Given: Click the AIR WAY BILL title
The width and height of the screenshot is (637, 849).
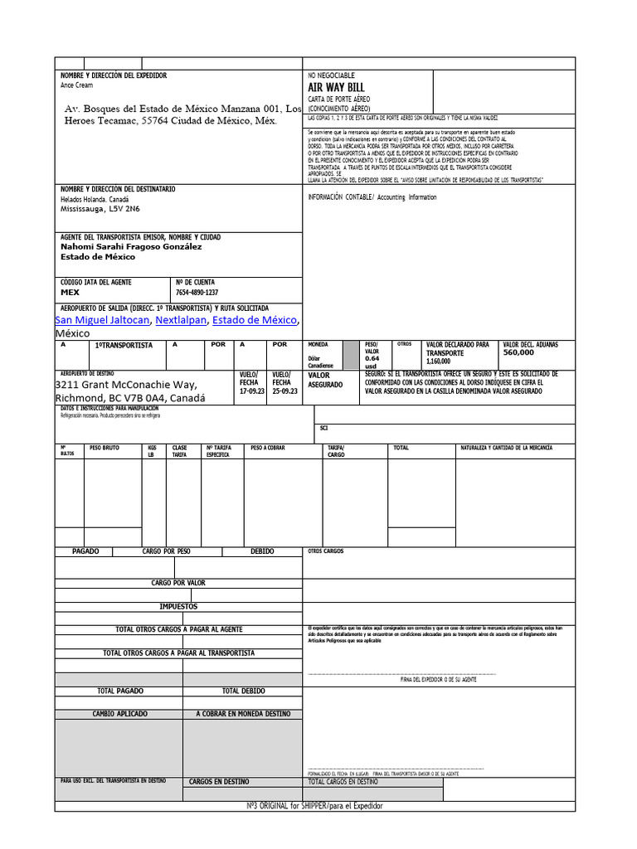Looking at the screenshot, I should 336,88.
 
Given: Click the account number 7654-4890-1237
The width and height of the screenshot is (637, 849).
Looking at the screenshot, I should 197,293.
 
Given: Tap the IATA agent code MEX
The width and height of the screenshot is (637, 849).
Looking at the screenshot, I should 71,293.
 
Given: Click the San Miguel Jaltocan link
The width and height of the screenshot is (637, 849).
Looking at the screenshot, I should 102,320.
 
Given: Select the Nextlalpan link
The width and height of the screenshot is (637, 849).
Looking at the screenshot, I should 180,320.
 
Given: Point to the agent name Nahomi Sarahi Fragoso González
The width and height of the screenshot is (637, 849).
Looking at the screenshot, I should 131,246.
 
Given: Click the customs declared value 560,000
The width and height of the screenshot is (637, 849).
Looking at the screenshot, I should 518,352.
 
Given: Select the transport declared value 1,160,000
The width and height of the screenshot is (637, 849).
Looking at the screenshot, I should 438,361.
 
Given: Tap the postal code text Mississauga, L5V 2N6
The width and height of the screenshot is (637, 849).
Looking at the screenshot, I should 100,210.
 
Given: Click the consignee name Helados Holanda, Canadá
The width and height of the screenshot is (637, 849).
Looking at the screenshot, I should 95,200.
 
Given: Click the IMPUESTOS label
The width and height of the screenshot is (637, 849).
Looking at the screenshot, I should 178,607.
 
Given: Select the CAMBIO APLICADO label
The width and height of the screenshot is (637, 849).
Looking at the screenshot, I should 119,714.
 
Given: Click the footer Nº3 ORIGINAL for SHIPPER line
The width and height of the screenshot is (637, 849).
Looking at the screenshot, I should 315,806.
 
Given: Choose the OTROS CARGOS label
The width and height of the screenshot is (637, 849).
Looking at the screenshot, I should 325,551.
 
